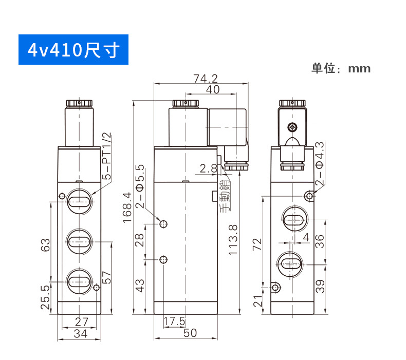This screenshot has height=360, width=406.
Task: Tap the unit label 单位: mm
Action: tap(340, 68)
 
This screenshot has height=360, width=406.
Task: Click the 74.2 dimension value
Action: tap(206, 79)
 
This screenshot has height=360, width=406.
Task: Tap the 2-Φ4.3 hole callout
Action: tap(320, 164)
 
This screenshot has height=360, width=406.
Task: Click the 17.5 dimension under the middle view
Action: tap(174, 321)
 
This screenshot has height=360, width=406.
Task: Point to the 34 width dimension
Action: tap(79, 334)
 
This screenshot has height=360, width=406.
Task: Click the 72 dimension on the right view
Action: tap(258, 244)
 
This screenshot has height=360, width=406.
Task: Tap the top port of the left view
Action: tap(79, 200)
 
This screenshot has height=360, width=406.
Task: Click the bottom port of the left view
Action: tap(79, 280)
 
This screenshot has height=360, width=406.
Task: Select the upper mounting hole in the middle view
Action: tap(164, 223)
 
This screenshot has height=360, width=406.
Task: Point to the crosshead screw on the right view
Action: tap(293, 127)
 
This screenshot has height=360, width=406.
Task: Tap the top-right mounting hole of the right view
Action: tap(309, 196)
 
